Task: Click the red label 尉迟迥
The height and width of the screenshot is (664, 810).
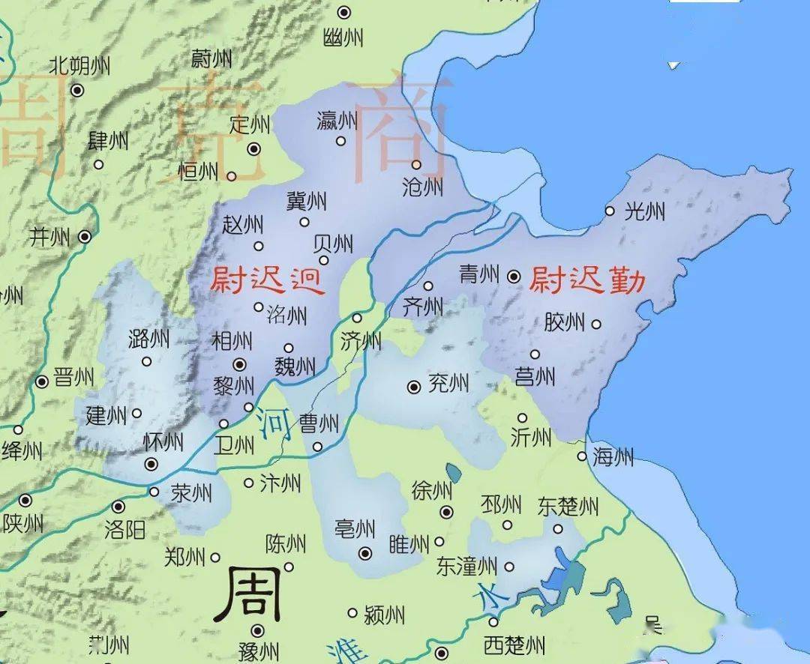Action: point(267,280)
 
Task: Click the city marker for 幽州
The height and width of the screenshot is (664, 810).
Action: point(344,12)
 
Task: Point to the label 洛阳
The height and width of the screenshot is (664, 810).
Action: point(124,531)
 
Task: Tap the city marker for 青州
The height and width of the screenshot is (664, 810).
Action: point(514,277)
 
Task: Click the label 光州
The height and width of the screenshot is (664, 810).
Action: point(644,212)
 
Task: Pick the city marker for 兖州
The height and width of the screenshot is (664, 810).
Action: point(413,387)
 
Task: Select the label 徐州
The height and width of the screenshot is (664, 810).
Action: point(432,491)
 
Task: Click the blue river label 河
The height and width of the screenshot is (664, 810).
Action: point(275,424)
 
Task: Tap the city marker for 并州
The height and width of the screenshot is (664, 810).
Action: point(85,237)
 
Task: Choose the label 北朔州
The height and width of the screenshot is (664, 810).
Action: point(79,66)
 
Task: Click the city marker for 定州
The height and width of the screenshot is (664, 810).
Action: point(254,149)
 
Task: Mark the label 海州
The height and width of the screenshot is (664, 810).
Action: point(613,456)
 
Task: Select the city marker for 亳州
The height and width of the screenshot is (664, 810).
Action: point(365,553)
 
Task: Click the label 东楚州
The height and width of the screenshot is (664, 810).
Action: point(568,507)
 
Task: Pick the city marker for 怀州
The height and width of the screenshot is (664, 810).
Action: point(151,464)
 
